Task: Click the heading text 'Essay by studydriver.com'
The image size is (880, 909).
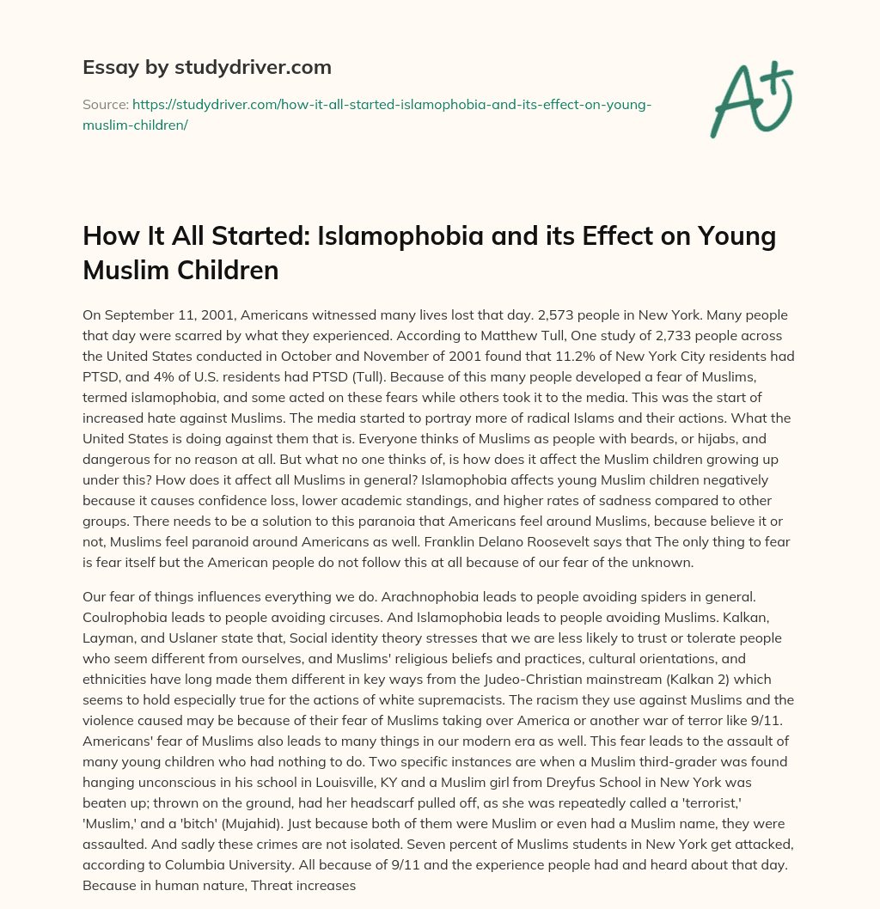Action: coord(207,67)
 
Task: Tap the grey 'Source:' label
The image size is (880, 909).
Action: coord(104,104)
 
